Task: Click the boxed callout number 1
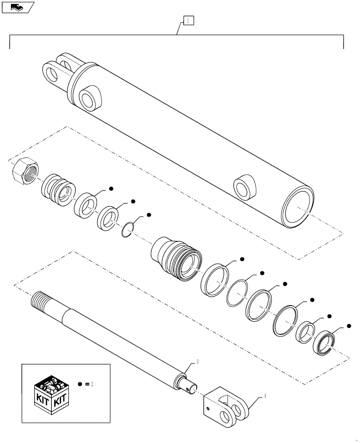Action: pos(188,20)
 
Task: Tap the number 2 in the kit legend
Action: pos(92,385)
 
